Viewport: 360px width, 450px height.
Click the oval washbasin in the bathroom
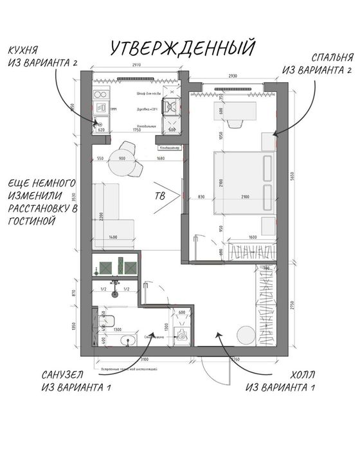point(127,341)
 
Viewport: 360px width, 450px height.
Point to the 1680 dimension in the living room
point(160,159)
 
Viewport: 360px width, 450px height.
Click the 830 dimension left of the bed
point(201,197)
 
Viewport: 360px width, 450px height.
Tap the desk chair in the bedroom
point(236,120)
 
